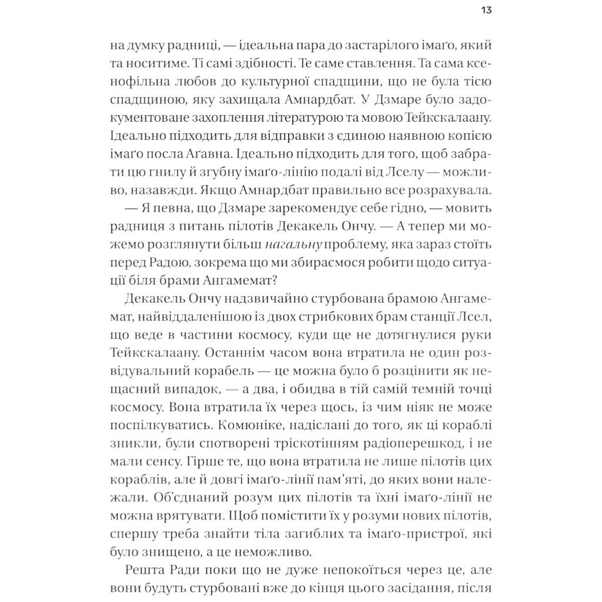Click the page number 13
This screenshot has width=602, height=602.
pyautogui.click(x=486, y=10)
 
